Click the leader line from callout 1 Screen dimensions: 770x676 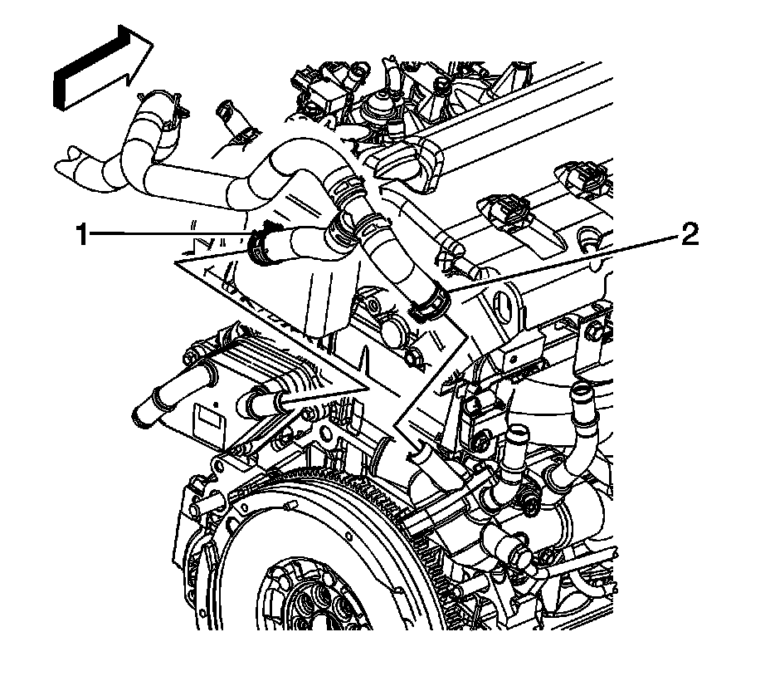(x=166, y=236)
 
